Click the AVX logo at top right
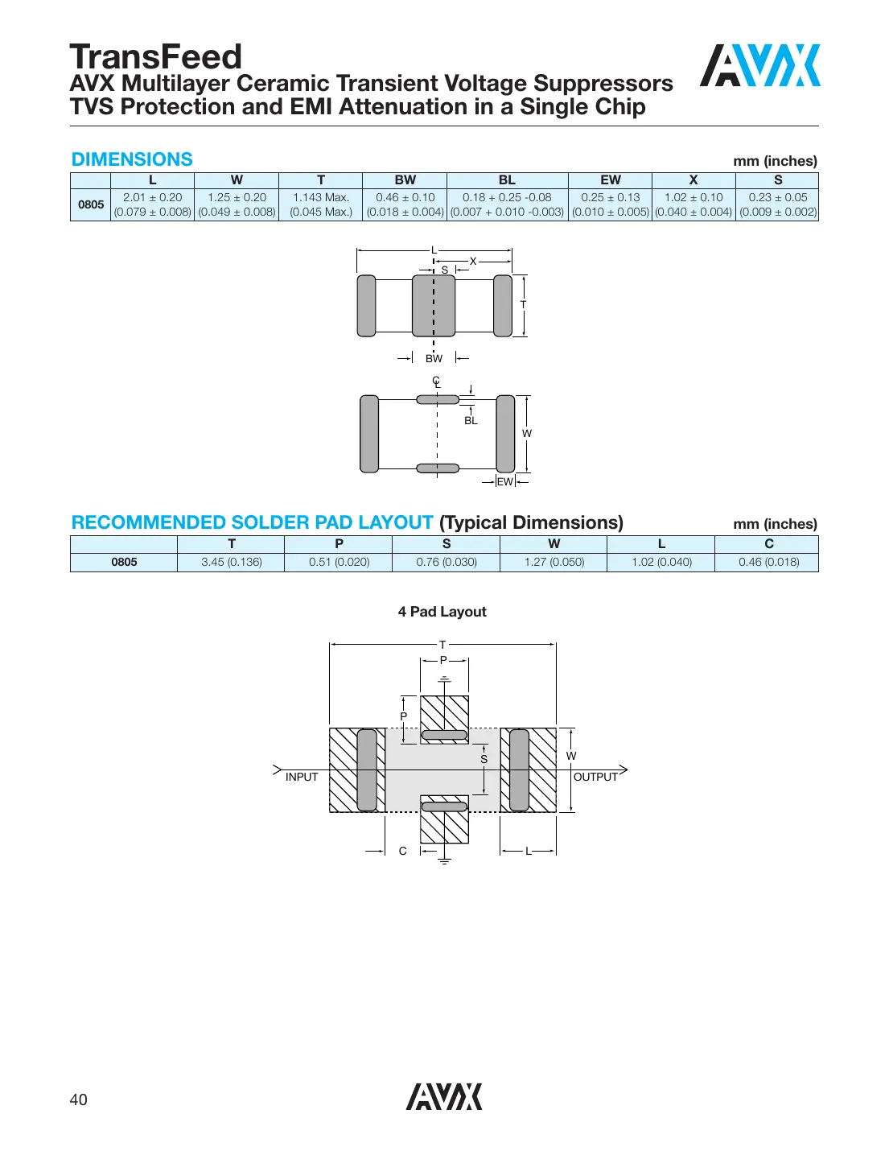tap(759, 65)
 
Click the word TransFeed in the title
tap(155, 57)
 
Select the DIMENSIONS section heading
tap(132, 159)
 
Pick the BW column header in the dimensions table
tap(405, 180)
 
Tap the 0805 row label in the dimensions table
tap(91, 204)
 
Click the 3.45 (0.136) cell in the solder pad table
tap(231, 562)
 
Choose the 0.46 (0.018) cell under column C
tap(768, 562)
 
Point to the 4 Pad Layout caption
tap(442, 612)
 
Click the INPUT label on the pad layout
tap(302, 777)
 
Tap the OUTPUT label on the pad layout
tap(595, 777)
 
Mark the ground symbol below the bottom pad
tap(444, 861)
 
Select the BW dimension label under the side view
tap(434, 358)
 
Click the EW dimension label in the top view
tap(504, 481)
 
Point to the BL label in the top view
tap(471, 420)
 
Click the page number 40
tap(79, 1099)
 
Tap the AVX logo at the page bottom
tap(444, 1096)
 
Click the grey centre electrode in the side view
tap(434, 305)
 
